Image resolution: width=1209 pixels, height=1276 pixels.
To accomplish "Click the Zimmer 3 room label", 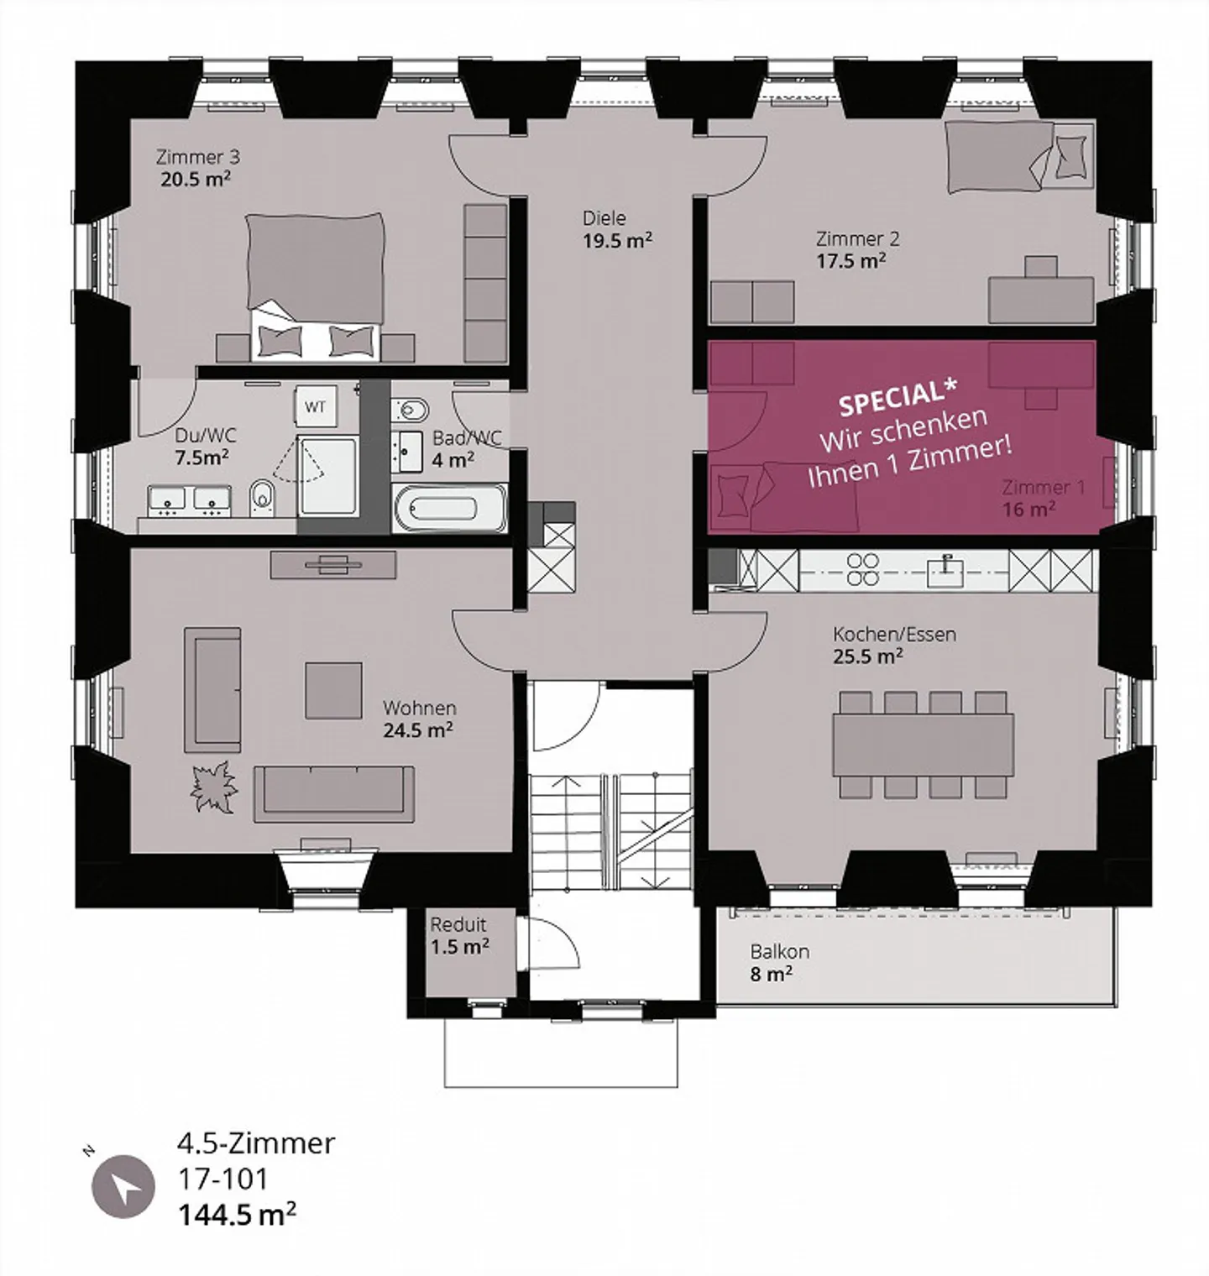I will (x=198, y=157).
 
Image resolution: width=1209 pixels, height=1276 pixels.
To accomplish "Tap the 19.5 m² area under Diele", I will (x=618, y=241).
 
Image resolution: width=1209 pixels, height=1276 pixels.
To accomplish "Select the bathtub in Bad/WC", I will (x=449, y=509).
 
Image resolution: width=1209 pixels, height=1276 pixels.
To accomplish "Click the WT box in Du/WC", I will (x=316, y=407).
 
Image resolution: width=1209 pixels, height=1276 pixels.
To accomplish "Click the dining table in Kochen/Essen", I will (x=923, y=745).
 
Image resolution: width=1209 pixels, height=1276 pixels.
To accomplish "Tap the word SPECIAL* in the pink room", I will (x=898, y=396).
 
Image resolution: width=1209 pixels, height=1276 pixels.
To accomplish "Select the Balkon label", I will (x=779, y=952).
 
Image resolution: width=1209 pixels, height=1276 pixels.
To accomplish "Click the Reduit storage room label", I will (x=458, y=925).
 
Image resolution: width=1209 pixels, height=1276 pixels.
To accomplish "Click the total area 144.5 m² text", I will (x=237, y=1215).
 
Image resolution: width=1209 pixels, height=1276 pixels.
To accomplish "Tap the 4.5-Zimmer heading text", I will (x=256, y=1143).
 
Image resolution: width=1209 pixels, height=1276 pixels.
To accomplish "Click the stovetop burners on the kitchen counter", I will (x=862, y=569).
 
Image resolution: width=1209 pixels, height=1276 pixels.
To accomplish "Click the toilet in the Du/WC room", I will (x=262, y=498).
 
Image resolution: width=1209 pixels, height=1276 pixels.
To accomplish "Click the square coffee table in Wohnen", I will (x=334, y=689).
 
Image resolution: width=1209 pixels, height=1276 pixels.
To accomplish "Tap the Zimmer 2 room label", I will (x=857, y=238).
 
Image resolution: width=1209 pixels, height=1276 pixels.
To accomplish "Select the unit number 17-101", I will (x=222, y=1179).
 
